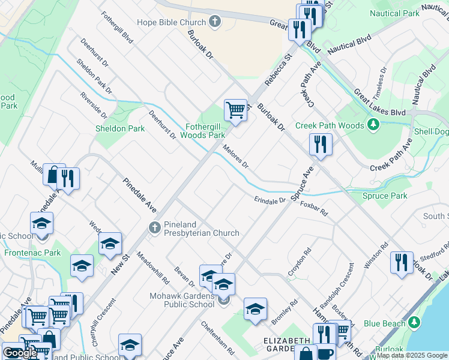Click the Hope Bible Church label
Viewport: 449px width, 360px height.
coord(172,22)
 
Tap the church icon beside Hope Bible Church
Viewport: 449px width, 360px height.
coord(214,22)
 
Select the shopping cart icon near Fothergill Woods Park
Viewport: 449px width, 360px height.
coord(235,110)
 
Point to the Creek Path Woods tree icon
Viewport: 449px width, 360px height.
coord(373,125)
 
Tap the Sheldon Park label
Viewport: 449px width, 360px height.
coord(120,128)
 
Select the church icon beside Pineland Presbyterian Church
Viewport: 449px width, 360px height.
coord(154,228)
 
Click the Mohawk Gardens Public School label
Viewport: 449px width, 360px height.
coord(182,300)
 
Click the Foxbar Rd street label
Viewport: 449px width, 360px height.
coord(314,209)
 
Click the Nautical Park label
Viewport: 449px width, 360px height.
coord(411,13)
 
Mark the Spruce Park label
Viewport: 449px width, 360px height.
coord(385,196)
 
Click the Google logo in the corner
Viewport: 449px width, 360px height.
coord(20,353)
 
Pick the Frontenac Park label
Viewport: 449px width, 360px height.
coord(32,253)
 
